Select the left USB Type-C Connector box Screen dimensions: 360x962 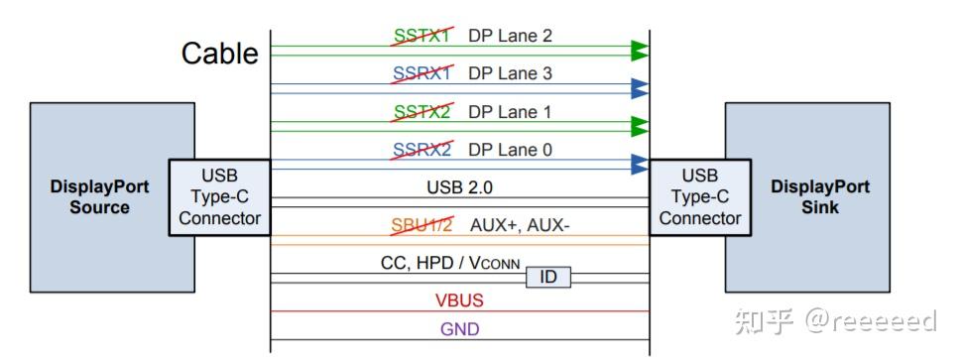(219, 197)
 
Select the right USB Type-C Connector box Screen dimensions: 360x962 (699, 197)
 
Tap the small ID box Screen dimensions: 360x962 (548, 277)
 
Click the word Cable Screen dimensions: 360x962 (219, 53)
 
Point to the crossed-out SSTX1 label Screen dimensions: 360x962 (421, 36)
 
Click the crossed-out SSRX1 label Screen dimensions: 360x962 (421, 73)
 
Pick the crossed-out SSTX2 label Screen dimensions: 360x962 (421, 112)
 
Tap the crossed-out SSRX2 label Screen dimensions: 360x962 (421, 150)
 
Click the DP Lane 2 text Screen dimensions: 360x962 (510, 36)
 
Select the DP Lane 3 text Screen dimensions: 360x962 (510, 73)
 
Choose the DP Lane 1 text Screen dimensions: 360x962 (510, 112)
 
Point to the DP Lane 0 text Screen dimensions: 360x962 (510, 150)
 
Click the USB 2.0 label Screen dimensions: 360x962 (459, 186)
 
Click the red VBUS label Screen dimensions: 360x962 (458, 300)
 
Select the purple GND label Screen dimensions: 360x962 (459, 328)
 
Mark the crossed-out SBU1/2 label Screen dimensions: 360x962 (421, 225)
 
